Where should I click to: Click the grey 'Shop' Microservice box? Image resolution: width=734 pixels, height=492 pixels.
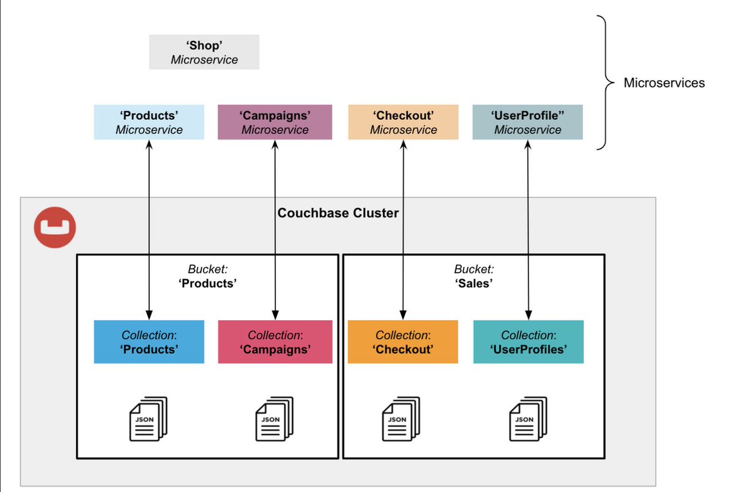[204, 52]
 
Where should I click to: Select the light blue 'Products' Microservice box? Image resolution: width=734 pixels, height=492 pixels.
[149, 122]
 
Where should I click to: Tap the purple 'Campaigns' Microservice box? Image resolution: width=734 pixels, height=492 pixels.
[275, 122]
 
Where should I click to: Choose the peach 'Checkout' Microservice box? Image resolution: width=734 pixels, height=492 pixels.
[403, 122]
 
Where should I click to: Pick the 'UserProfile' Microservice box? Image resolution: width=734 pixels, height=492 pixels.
[527, 122]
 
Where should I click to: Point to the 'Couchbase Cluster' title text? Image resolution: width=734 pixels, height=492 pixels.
[338, 213]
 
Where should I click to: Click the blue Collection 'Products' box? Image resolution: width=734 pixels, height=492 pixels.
[149, 342]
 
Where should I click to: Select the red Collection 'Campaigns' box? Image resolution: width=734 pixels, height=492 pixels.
[275, 342]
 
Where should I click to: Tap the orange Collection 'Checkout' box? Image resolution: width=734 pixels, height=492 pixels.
[402, 342]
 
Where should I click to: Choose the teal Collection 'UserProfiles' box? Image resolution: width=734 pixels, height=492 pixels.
[528, 342]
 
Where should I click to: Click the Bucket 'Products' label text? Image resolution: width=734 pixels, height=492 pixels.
[208, 276]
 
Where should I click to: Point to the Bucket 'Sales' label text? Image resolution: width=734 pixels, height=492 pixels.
[474, 276]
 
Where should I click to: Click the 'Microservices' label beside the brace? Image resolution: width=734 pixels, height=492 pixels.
[664, 83]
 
